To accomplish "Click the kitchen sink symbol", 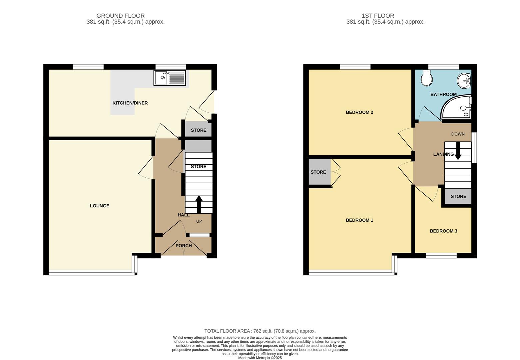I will click(x=170, y=78).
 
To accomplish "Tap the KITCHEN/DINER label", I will click(x=130, y=103).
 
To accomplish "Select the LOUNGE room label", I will click(x=100, y=206).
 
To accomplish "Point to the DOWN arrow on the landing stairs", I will click(x=458, y=151).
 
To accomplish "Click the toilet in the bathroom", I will click(x=426, y=78).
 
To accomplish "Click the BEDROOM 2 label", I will click(x=359, y=112).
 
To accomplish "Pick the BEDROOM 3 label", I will click(x=443, y=231).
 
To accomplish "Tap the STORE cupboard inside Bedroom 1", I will click(x=318, y=172).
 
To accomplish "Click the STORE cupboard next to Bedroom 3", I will click(x=458, y=196).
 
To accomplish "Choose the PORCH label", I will click(x=184, y=246).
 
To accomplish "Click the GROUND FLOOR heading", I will click(x=120, y=16).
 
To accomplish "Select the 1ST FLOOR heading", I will click(x=378, y=16).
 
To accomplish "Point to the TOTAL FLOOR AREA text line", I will click(x=260, y=331).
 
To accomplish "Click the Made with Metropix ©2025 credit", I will click(x=260, y=358).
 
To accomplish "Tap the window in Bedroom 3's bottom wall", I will click(x=441, y=256).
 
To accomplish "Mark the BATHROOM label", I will click(x=443, y=94).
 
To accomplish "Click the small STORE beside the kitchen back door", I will click(x=199, y=130).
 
